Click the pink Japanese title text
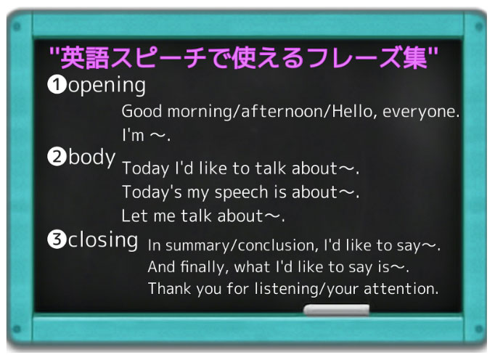[x=244, y=57]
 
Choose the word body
[x=91, y=158]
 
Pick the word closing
[x=103, y=240]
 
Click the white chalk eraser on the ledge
[x=335, y=311]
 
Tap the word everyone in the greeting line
[x=420, y=112]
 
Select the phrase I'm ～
[x=145, y=136]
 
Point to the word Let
[x=134, y=216]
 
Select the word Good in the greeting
[x=139, y=112]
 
